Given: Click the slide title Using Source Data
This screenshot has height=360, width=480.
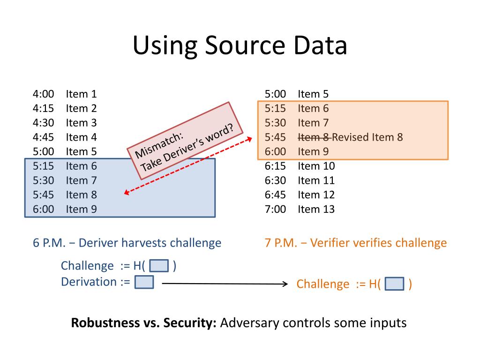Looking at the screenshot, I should tap(240, 46).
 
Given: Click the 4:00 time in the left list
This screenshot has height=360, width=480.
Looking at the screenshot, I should tap(44, 94).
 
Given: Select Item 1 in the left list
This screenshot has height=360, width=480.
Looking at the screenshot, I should tap(81, 94).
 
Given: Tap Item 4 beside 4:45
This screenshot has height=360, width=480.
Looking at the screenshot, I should tap(81, 137).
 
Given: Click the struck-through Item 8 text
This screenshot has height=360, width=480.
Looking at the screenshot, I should tap(315, 137).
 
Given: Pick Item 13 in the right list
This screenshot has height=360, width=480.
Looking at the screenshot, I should tap(316, 209).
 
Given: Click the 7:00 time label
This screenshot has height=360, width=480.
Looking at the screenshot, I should tap(275, 209).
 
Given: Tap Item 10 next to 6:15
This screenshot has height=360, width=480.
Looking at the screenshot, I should tap(316, 166).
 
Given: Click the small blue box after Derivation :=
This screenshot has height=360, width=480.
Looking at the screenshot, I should tap(144, 282).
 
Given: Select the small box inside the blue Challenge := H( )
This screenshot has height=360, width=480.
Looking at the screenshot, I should tap(159, 266).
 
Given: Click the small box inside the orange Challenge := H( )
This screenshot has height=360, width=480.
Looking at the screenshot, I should tap(394, 284).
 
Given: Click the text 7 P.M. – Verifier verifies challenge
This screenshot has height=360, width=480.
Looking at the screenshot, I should tap(356, 243).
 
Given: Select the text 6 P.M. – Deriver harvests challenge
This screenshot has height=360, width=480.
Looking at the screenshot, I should tap(127, 243).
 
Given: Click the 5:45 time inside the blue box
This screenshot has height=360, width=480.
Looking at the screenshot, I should tap(44, 195).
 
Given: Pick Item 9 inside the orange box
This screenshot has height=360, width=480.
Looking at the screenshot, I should tap(313, 151).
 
